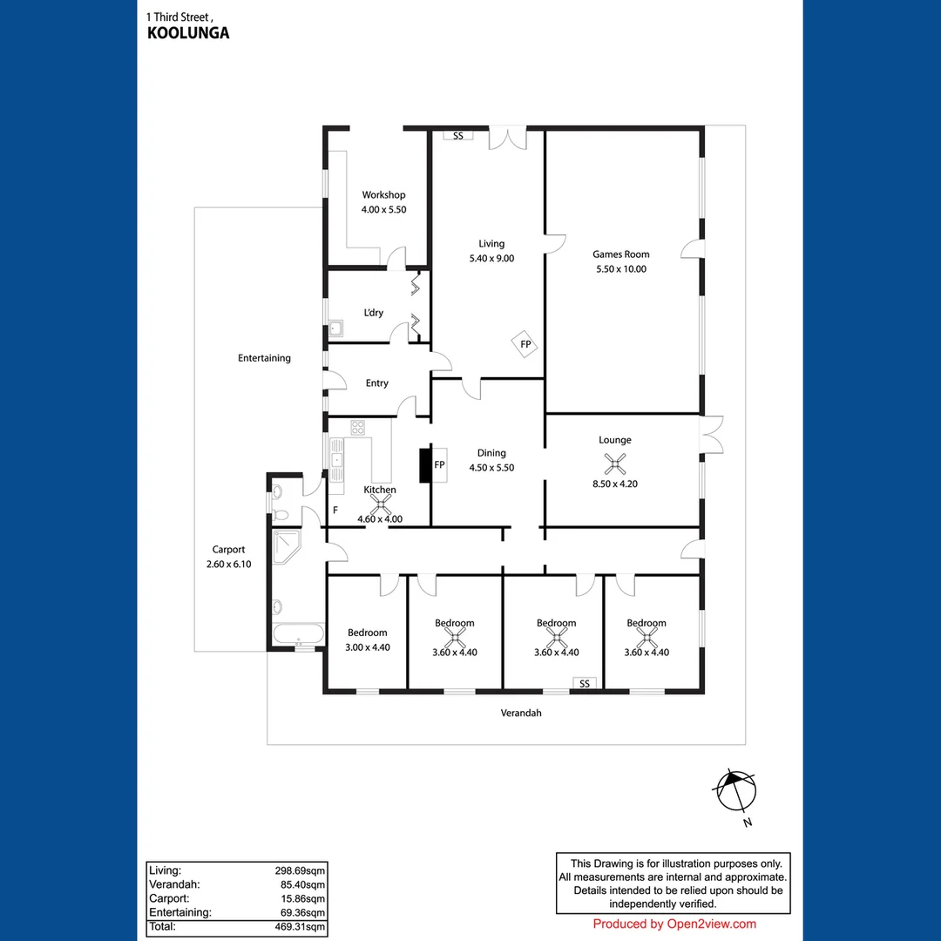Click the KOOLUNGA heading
188,34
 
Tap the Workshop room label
384,195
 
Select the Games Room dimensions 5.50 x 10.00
620,269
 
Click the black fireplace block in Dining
426,465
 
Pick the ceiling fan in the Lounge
616,464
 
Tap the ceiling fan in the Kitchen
380,504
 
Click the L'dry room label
373,313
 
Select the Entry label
377,383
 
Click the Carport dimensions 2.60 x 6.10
229,565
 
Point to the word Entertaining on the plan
264,358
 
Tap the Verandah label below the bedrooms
521,713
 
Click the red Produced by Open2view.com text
674,924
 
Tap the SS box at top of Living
457,136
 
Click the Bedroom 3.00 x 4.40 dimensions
367,647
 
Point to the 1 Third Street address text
179,17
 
